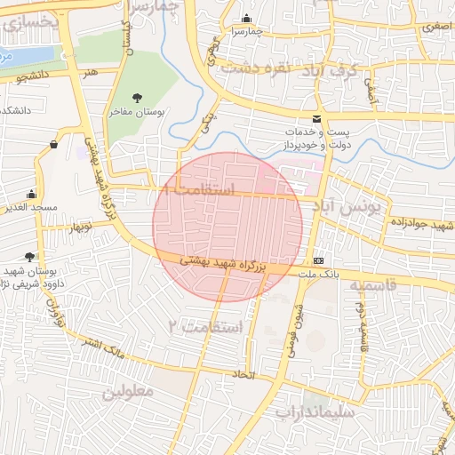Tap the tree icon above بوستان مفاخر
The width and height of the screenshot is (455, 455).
(136, 98)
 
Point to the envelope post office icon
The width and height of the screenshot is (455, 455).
(317, 119)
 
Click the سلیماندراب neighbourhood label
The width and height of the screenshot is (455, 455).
(315, 411)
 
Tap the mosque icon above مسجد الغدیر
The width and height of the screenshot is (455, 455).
(32, 194)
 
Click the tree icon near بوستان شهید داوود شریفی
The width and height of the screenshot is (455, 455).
(32, 255)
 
